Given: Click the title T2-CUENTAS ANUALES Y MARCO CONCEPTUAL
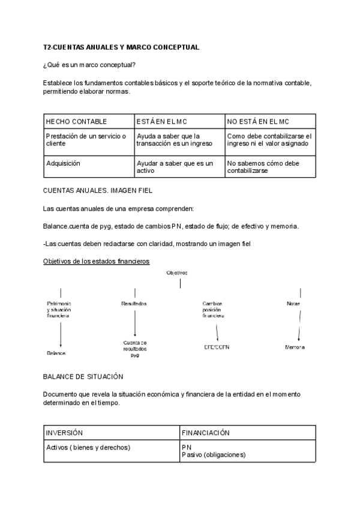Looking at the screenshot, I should tap(121, 47).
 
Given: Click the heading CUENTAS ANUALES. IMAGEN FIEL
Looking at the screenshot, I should tap(98, 190).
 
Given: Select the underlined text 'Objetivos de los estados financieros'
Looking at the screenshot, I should tap(97, 261).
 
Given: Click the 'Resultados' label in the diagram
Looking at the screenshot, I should tap(134, 304).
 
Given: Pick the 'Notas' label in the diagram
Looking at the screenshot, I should tap(293, 304).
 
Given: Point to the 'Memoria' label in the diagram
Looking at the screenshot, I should tap(294, 347).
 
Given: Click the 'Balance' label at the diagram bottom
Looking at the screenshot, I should tap(56, 354).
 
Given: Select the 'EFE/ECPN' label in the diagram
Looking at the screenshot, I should tap(217, 347).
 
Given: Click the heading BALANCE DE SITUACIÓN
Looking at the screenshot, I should tap(83, 376).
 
